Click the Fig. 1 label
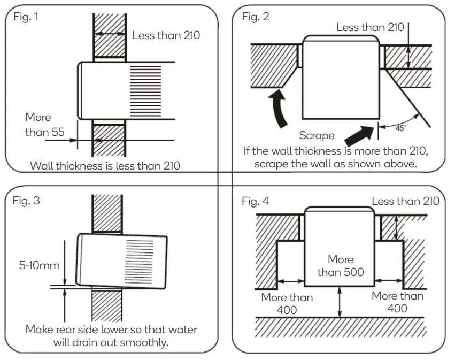[x=26, y=17]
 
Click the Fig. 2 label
[x=256, y=17]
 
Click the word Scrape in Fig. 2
[x=317, y=136]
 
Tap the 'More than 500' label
[x=341, y=266]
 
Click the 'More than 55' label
[x=38, y=124]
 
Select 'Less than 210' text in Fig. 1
[x=166, y=36]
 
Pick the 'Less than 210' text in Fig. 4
[x=405, y=201]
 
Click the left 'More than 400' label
[x=287, y=303]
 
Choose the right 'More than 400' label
[x=397, y=302]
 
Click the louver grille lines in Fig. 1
[x=145, y=85]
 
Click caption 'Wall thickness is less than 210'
[x=105, y=166]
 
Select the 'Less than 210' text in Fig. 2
[x=370, y=27]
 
